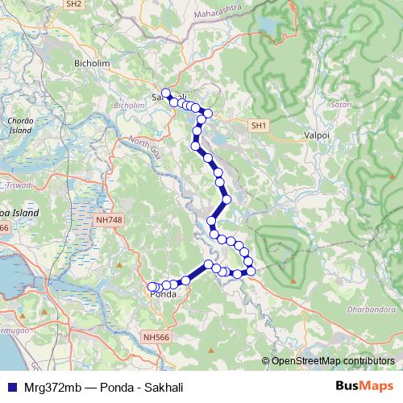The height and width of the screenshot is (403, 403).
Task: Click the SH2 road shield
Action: point(74,4)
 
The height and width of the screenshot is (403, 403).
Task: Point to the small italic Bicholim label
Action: point(128,106)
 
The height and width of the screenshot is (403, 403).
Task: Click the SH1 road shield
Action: point(258,126)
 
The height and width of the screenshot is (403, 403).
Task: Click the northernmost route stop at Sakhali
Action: point(166,93)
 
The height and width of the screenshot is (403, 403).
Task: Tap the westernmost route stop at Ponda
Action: point(152,286)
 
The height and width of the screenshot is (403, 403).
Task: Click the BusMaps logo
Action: point(364,385)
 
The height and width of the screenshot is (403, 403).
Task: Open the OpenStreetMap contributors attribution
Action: point(332,360)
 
